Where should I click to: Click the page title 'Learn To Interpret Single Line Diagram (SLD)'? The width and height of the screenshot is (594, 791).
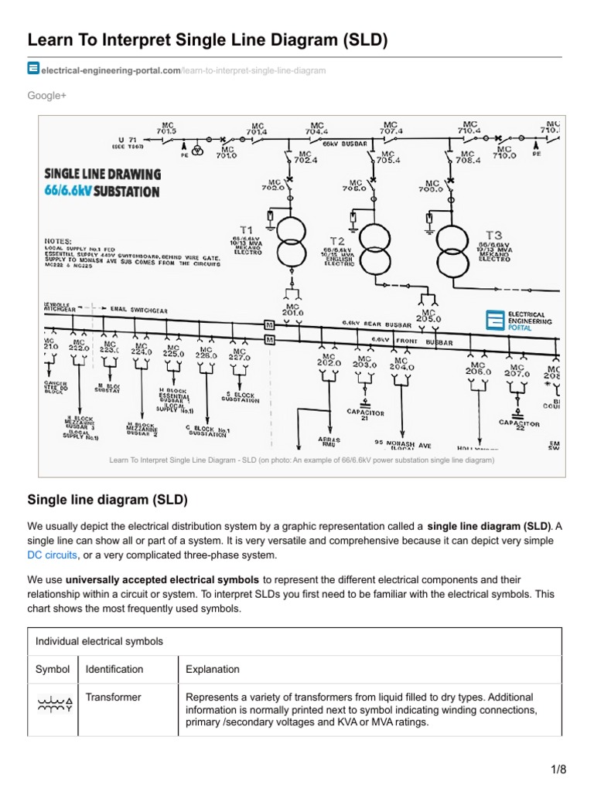[x=207, y=39]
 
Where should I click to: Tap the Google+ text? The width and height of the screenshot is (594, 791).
[x=46, y=95]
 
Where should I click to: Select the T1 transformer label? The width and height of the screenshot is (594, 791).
[x=246, y=230]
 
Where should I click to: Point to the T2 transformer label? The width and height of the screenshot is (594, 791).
[x=337, y=241]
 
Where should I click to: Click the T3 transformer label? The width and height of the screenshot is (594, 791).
[x=493, y=235]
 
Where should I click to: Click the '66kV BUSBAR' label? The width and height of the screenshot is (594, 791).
[x=345, y=144]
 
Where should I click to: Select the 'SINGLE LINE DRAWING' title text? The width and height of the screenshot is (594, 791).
[x=102, y=175]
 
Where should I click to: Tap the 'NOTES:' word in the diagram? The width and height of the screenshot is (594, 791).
[x=58, y=240]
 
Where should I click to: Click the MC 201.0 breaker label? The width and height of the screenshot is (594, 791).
[x=293, y=309]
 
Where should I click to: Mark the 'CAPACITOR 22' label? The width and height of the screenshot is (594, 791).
[x=519, y=424]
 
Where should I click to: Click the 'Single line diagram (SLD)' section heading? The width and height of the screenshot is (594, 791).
[x=108, y=500]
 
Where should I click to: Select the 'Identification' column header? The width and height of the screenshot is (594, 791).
[x=114, y=669]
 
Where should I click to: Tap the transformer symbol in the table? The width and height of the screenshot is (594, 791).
[x=53, y=704]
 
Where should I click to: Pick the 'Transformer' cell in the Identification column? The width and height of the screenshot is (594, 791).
[x=113, y=697]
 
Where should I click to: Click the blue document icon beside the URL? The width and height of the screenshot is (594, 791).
[x=33, y=69]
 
